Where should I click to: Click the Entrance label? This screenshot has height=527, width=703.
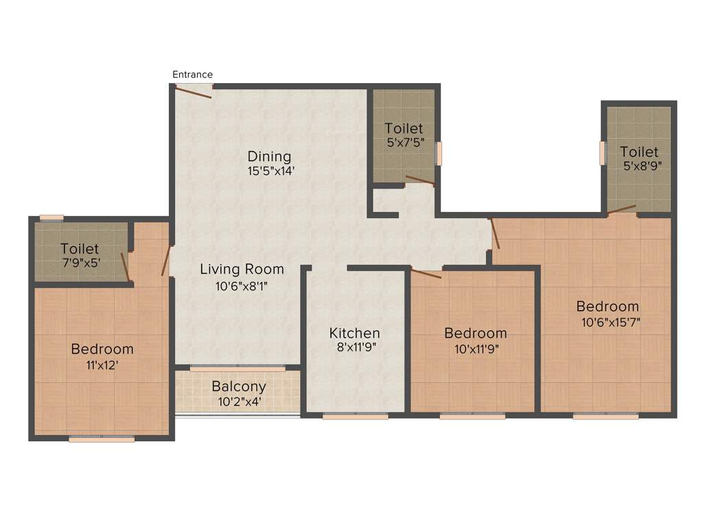tap(192, 74)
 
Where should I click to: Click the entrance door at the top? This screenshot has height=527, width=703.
tap(194, 91)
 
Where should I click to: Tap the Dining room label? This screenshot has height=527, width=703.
tap(269, 156)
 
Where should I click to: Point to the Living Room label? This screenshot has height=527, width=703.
tap(242, 269)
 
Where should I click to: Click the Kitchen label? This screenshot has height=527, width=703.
tap(354, 333)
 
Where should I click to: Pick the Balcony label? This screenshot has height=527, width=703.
tap(238, 386)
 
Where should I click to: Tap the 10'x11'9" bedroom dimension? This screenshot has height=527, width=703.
tap(476, 348)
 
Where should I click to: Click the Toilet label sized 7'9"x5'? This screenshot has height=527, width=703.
tap(80, 248)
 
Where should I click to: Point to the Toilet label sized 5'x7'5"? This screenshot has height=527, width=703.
tap(404, 128)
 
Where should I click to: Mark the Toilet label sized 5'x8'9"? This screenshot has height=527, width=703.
tap(639, 151)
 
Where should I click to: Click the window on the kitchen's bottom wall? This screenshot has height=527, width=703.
tap(355, 415)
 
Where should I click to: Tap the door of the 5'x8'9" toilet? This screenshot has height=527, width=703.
tap(622, 209)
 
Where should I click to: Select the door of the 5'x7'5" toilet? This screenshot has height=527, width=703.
tap(419, 180)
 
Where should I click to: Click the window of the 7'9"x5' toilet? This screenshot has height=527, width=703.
tap(51, 218)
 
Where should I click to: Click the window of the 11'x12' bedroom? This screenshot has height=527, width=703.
tap(102, 438)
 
